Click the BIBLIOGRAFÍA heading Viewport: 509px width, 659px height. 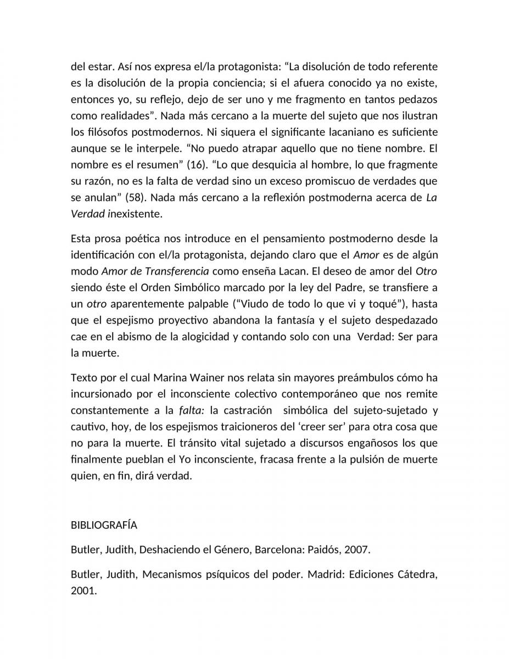pyautogui.click(x=104, y=525)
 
